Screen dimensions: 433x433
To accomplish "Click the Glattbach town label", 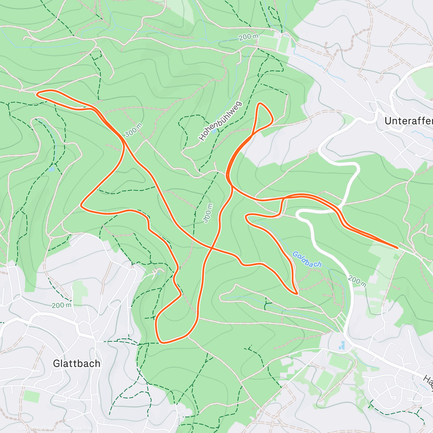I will [76, 363].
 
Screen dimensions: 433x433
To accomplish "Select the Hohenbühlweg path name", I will [220, 121].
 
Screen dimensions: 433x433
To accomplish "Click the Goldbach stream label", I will [307, 259].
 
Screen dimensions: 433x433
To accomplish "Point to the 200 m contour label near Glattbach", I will [61, 305].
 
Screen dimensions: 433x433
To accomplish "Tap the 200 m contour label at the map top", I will [248, 37].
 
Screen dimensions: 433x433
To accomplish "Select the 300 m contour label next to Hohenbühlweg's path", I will [208, 213].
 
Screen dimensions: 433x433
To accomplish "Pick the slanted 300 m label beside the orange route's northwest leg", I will [133, 130].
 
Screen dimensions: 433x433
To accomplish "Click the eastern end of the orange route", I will [397, 248].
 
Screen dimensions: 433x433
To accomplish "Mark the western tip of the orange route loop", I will [38, 93].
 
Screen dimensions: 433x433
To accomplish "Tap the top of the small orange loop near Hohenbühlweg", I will [261, 104].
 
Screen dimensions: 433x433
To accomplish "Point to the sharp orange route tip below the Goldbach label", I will [296, 293].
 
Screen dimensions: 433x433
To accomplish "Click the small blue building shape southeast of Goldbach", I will [342, 346].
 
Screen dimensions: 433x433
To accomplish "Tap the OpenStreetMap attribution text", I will [76, 429].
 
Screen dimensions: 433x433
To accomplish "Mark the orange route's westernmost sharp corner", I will [81, 206].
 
